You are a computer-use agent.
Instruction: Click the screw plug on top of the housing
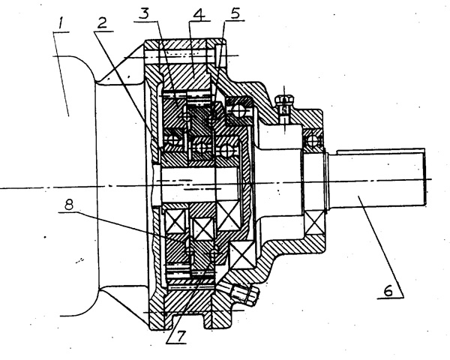coord(286,103)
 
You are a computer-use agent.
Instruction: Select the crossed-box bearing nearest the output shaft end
coord(314,222)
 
